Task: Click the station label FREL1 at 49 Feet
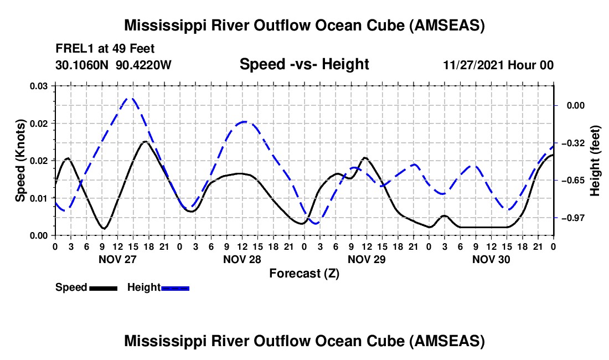(x=105, y=49)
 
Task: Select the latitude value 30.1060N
(x=83, y=65)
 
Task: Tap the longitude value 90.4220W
(x=144, y=65)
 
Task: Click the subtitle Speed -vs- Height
(x=304, y=64)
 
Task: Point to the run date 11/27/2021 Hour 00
(x=498, y=65)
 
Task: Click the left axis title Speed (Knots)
(x=20, y=160)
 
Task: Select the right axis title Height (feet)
(x=595, y=160)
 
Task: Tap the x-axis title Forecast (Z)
(x=304, y=273)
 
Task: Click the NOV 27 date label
(x=117, y=259)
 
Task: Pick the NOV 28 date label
(x=242, y=259)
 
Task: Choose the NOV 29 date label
(x=367, y=259)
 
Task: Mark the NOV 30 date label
(x=491, y=259)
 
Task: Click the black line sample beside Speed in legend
(x=102, y=288)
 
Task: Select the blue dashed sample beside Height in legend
(x=175, y=288)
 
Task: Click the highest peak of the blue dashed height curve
(x=130, y=98)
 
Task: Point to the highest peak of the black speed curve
(x=145, y=142)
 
